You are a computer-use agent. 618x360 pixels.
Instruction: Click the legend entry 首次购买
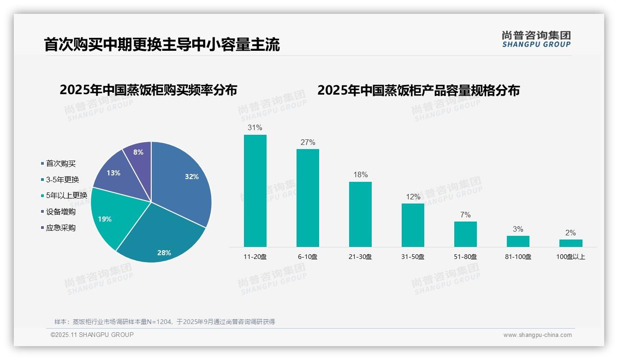point(60,163)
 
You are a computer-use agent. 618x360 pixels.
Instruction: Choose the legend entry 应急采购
point(60,228)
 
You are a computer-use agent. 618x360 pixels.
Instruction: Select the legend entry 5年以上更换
point(66,196)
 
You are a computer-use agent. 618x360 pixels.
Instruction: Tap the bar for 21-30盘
point(360,214)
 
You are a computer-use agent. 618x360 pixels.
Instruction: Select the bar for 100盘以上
point(570,243)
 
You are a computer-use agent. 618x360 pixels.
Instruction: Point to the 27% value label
point(308,143)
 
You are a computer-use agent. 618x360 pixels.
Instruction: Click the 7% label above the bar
point(465,215)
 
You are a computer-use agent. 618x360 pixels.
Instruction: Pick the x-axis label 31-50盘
point(413,257)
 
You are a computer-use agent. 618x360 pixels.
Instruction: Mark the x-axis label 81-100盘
point(518,257)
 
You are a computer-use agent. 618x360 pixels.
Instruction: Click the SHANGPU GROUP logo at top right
point(536,39)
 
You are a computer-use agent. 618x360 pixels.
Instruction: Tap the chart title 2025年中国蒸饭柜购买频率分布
point(148,90)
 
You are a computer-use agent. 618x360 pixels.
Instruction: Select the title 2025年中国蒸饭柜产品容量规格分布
point(418,90)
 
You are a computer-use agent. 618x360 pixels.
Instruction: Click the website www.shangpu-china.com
point(537,335)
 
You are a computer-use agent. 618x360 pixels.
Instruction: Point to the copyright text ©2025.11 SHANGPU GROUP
point(92,335)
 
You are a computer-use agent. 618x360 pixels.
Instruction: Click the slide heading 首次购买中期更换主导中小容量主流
point(162,45)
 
